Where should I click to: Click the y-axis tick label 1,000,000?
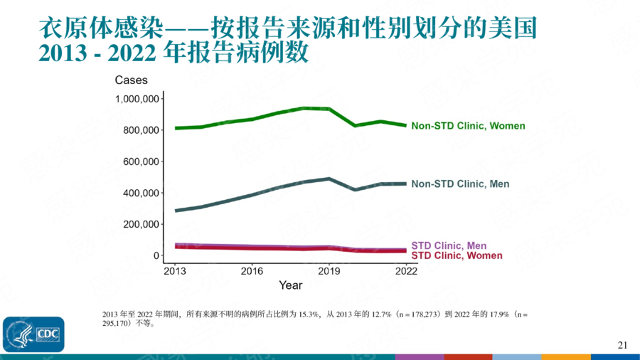[x=137, y=99]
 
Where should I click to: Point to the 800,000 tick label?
[x=140, y=130]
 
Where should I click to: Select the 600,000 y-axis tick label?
[x=140, y=162]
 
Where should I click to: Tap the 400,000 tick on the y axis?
[x=140, y=193]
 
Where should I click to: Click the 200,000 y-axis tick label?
[x=140, y=224]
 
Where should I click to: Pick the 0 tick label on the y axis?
[x=156, y=255]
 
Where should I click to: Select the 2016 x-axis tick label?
[x=251, y=271]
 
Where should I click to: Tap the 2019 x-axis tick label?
[x=329, y=271]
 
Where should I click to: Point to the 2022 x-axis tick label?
[x=406, y=271]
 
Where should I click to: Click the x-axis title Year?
[x=290, y=285]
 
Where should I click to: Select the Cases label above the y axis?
[x=132, y=80]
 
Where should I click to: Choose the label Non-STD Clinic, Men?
[x=460, y=184]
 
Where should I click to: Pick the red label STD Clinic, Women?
[x=457, y=255]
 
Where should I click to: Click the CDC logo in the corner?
[x=33, y=334]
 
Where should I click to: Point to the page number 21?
[x=622, y=345]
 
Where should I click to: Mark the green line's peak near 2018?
[x=304, y=108]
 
